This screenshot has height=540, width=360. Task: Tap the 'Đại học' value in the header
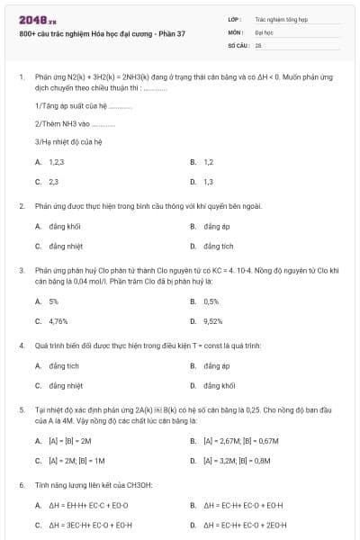(264, 31)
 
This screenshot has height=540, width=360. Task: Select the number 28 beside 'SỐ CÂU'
(258, 44)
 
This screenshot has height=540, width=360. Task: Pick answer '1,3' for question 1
(208, 182)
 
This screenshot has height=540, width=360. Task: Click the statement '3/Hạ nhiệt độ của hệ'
(68, 142)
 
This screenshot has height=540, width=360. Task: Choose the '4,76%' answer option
(58, 320)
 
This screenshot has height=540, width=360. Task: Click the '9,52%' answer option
(213, 320)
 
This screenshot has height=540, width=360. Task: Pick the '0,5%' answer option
(211, 301)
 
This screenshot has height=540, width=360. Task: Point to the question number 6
(21, 486)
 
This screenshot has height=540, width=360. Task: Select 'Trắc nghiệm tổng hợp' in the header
(281, 18)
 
